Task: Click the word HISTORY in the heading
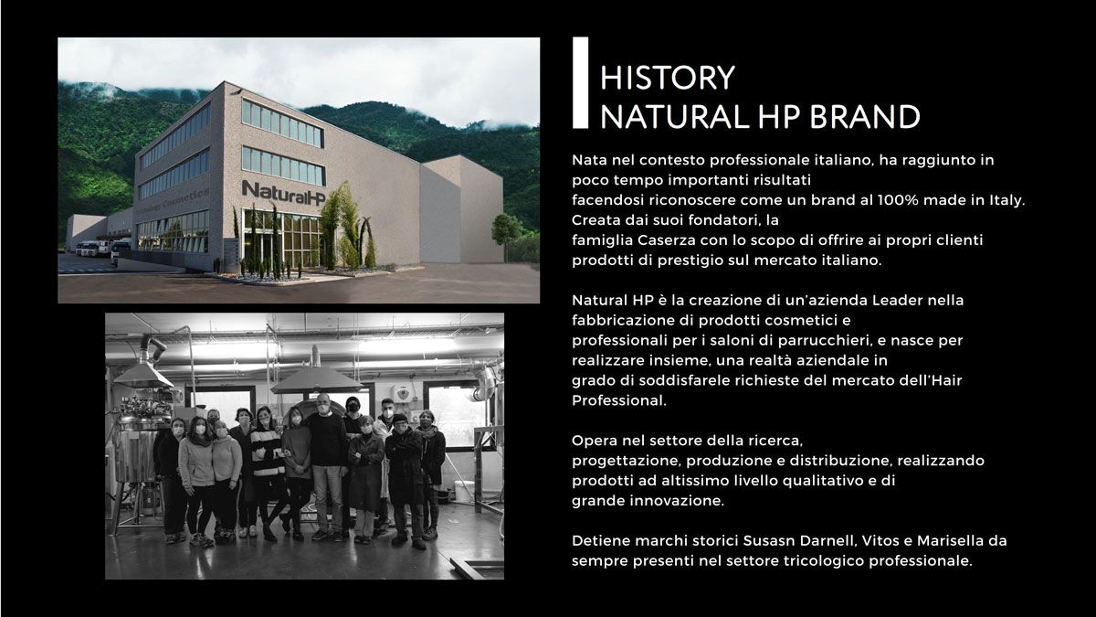coord(668,78)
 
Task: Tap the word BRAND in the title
coord(865,117)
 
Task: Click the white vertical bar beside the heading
coord(580,83)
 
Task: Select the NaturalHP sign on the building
coord(284,194)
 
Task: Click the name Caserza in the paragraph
coord(668,240)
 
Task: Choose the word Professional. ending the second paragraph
coord(619,400)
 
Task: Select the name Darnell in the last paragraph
coord(829,541)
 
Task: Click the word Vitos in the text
coord(880,541)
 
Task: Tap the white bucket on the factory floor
coord(463,491)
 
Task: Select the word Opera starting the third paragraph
coord(595,441)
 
